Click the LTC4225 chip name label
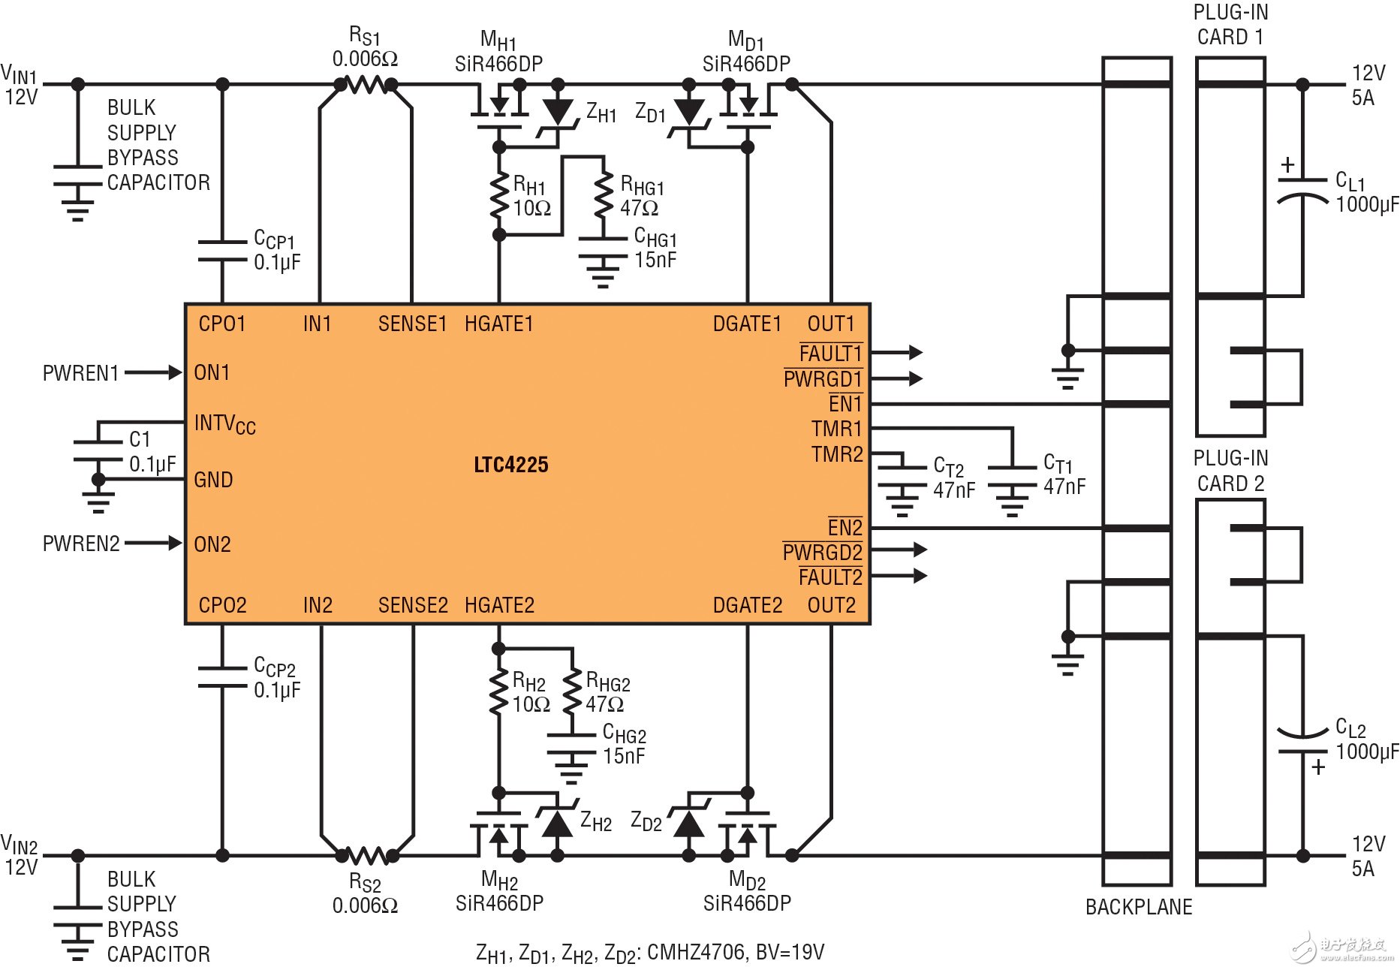[x=510, y=465]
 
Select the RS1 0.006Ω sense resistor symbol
[x=366, y=85]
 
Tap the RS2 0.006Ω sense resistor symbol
[x=366, y=855]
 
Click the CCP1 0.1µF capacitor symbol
[x=222, y=251]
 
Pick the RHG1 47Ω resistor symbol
[x=603, y=195]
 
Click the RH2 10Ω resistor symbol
[x=498, y=691]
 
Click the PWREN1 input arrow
[x=154, y=372]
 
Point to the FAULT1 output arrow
[x=897, y=352]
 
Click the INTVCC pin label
[x=224, y=424]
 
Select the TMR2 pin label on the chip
[x=837, y=454]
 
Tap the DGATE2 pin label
[x=747, y=605]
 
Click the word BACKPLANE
[x=1138, y=907]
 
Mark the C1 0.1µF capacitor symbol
[x=98, y=450]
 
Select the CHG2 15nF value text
[x=624, y=756]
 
